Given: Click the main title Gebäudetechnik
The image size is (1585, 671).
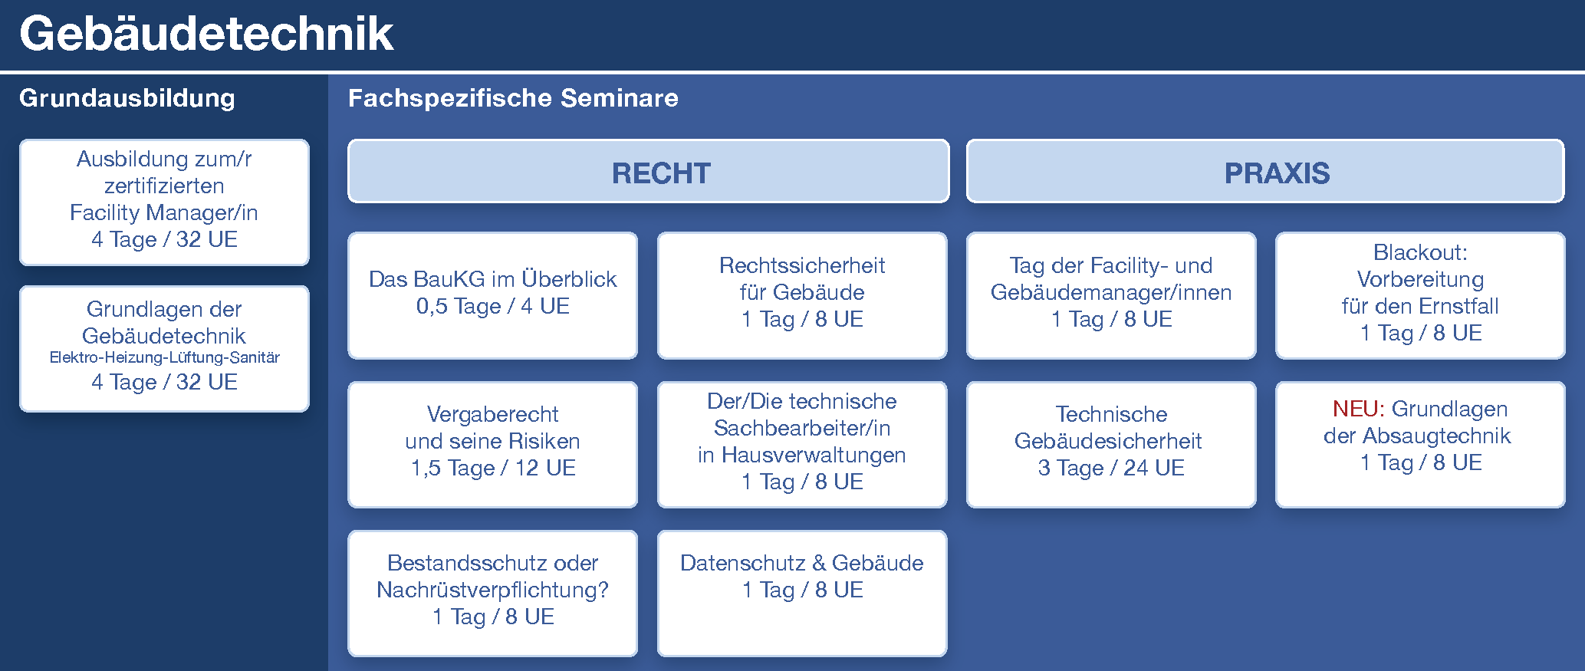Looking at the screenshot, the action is [x=206, y=34].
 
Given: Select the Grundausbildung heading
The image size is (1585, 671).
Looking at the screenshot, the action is [x=127, y=98].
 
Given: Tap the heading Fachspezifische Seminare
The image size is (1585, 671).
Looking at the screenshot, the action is [x=513, y=98].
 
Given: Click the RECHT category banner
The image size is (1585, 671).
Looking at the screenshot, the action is [x=649, y=171].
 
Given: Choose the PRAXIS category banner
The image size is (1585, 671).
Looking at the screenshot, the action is [x=1265, y=171].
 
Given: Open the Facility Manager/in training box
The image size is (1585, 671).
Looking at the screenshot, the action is [x=164, y=202].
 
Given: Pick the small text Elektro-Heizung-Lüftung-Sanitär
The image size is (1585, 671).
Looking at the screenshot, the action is [x=164, y=357].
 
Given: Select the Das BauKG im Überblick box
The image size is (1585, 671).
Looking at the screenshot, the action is [x=492, y=295].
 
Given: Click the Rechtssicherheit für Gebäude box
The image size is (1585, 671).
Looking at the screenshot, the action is [x=802, y=295].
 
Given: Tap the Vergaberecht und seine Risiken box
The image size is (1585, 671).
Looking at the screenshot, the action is [x=492, y=444].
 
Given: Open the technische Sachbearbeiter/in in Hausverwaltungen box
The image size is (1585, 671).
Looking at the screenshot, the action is [x=802, y=444].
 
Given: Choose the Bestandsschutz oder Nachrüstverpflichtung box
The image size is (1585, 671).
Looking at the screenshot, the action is [x=492, y=593].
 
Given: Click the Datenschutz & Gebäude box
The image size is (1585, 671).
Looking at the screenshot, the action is [x=802, y=593].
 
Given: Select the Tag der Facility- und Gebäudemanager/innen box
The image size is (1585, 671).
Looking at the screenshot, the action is [x=1111, y=295].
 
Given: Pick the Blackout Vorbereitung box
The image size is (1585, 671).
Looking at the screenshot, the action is [x=1420, y=295].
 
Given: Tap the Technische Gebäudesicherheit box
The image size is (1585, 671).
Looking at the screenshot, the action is [x=1111, y=444].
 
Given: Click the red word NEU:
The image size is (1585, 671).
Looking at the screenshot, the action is [x=1358, y=409].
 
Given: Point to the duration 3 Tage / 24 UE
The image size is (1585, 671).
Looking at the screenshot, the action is [x=1111, y=468].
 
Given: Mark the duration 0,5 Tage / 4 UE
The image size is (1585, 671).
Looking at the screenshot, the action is [x=492, y=307].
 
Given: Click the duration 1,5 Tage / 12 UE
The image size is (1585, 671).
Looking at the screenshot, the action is [x=492, y=468].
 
